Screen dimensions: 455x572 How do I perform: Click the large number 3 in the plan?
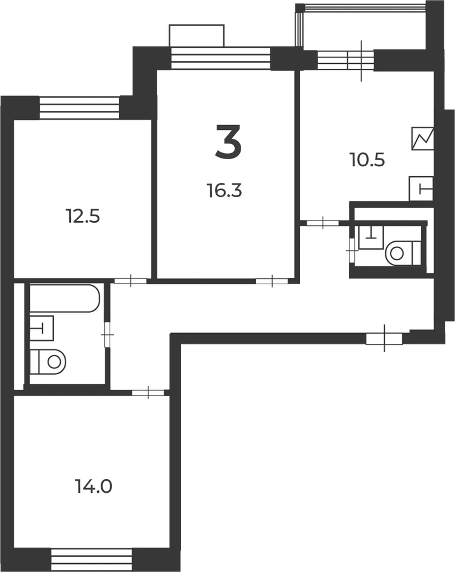pos(228,142)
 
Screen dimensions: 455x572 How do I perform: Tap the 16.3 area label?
pos(225,191)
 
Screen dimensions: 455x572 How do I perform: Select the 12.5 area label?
pos(83,216)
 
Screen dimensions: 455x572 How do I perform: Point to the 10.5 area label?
pos(367,160)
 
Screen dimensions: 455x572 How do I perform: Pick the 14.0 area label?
pos(94,486)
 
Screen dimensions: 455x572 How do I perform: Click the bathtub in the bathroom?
pos(64,299)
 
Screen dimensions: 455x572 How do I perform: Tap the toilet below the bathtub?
pos(48,362)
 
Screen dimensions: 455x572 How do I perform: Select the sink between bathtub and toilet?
pos(42,328)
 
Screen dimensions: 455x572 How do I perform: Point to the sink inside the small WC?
pos(371,238)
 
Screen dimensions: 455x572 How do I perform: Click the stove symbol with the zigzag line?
pos(423,138)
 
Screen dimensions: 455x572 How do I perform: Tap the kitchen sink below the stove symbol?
pos(421,188)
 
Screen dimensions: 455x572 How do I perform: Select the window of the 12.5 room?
pos(79,108)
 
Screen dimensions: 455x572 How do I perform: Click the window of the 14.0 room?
pos(91,560)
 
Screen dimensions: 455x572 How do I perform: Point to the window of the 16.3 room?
pos(220,58)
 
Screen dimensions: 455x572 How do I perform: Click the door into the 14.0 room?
pos(148,393)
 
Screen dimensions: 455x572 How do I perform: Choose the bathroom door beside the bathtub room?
pos(107,334)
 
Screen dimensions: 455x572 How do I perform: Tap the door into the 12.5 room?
pos(130,281)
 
